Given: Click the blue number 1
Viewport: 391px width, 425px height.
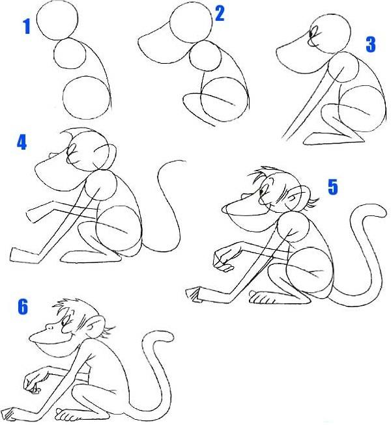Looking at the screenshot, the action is pyautogui.click(x=26, y=27).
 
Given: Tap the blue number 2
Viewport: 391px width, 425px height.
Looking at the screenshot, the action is pyautogui.click(x=220, y=14).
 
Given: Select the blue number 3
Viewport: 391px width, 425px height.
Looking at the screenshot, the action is pyautogui.click(x=371, y=45).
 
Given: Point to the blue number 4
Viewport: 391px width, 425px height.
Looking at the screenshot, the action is pyautogui.click(x=22, y=142).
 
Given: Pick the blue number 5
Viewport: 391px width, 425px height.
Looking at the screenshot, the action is pyautogui.click(x=333, y=187).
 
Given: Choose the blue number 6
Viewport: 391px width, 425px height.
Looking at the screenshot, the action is pyautogui.click(x=23, y=307).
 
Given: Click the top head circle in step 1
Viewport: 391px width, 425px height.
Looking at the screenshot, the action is pyautogui.click(x=57, y=20).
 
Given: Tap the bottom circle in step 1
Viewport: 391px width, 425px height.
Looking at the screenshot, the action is pyautogui.click(x=87, y=98).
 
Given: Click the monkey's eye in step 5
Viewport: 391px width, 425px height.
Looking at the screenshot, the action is pyautogui.click(x=262, y=191).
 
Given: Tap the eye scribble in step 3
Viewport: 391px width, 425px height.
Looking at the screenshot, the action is pyautogui.click(x=313, y=35).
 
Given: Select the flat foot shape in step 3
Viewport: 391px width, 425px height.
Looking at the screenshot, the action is pyautogui.click(x=334, y=138).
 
